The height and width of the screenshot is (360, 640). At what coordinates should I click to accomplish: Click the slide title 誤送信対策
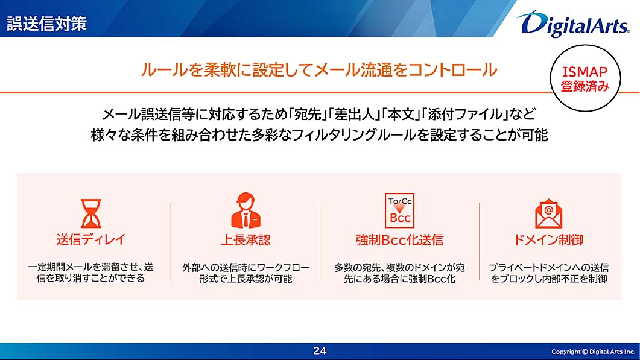46,24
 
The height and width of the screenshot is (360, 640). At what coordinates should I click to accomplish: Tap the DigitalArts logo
574,24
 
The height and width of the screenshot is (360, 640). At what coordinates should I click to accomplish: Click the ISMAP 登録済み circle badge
585,78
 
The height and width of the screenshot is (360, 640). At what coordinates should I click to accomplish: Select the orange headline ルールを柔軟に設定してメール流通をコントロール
318,70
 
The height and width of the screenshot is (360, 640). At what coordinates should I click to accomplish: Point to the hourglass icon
90,213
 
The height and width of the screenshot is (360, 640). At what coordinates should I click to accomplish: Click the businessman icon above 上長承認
246,210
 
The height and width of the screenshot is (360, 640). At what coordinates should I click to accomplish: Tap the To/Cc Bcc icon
399,210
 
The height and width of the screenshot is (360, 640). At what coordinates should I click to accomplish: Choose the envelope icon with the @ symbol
548,213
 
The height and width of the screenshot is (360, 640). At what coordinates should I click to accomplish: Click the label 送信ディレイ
90,239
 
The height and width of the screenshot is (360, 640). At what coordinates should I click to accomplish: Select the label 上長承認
246,239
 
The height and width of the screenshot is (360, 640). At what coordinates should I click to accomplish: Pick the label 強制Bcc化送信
399,239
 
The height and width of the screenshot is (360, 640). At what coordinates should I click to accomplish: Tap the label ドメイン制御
548,239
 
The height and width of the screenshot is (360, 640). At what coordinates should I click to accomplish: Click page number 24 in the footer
320,350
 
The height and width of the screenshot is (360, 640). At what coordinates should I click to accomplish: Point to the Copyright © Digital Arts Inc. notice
593,352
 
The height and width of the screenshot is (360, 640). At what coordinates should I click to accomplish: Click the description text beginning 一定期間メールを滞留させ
90,273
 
